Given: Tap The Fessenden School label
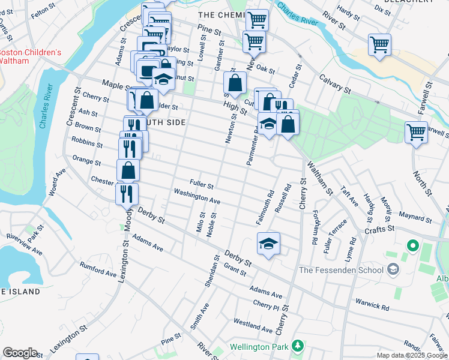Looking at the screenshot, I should pos(341,270).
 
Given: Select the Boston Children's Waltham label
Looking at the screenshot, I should pos(30,56).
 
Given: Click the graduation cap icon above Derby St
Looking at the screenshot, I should pos(268,243).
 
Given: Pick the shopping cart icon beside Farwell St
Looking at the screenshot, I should pos(415,132).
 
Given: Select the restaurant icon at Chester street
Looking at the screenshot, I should pos(127,193).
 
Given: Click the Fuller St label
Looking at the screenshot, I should pos(202,183).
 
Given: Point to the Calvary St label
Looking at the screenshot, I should pos(335,84).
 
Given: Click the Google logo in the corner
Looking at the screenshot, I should pos(20,353).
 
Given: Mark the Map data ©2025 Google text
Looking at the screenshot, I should pos(412,355).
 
